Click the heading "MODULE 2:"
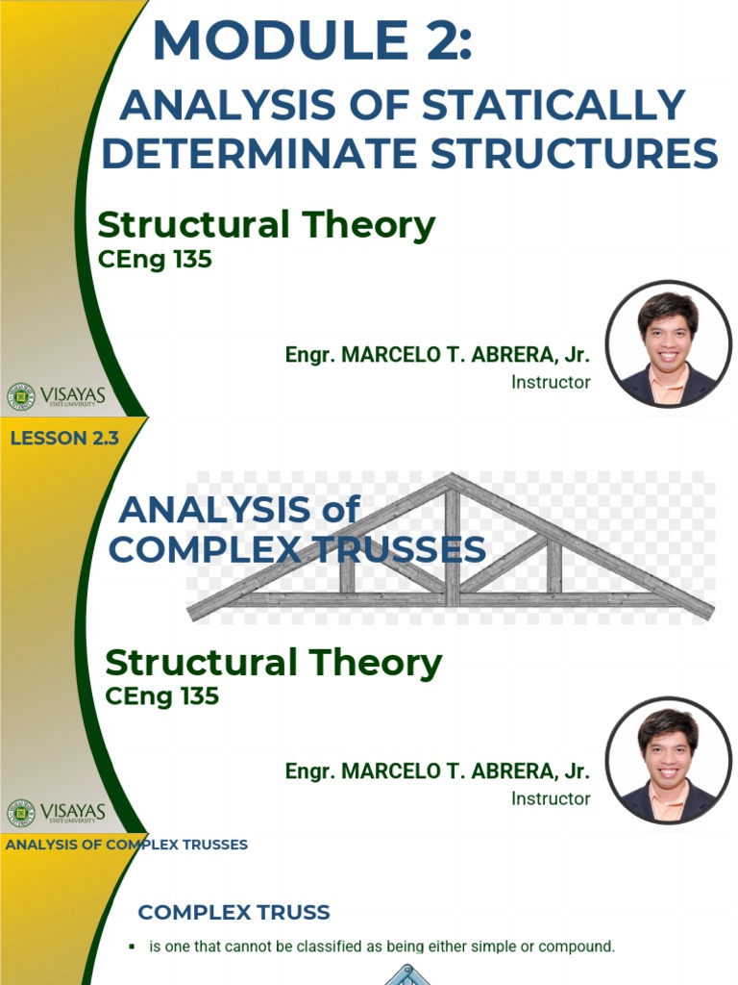312,42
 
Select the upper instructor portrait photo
668,343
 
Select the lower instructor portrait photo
668,760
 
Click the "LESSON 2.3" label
64,439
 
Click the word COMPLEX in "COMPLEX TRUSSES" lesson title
191,549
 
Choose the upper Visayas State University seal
20,395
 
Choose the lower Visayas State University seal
20,812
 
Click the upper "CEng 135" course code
155,259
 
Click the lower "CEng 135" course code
161,695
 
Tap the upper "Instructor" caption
551,382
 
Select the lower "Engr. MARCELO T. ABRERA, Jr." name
437,771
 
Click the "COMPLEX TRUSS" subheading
234,912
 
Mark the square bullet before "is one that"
132,947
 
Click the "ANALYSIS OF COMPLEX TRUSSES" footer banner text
127,845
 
